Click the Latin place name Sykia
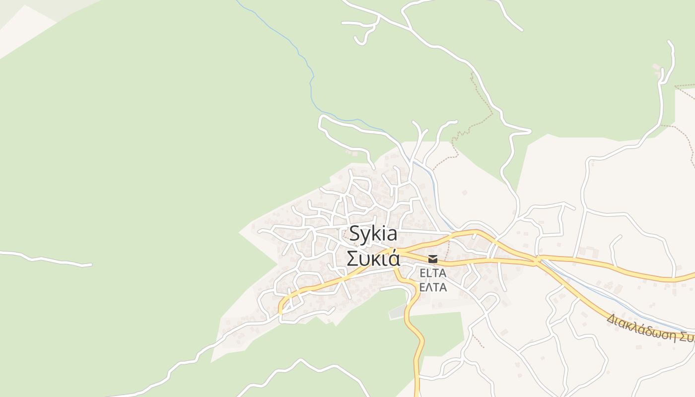pyautogui.click(x=373, y=233)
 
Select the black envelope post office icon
pyautogui.click(x=433, y=259)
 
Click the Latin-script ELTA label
pyautogui.click(x=433, y=273)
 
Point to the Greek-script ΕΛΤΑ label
pyautogui.click(x=433, y=287)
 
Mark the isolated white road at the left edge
pyautogui.click(x=45, y=259)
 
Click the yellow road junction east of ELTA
pyautogui.click(x=537, y=259)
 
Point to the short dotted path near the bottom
pyautogui.click(x=478, y=341)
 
